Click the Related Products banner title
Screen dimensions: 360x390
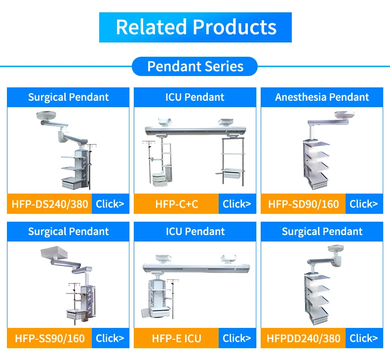pyautogui.click(x=195, y=27)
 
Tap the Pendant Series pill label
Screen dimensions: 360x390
pyautogui.click(x=195, y=66)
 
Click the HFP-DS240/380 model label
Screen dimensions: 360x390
pyautogui.click(x=49, y=203)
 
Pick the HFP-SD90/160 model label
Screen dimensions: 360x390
pyautogui.click(x=304, y=203)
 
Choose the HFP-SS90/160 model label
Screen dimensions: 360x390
pyautogui.click(x=49, y=338)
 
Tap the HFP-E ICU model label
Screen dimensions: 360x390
pyautogui.click(x=176, y=338)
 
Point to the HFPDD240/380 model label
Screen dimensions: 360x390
pyautogui.click(x=304, y=338)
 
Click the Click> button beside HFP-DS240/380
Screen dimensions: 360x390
pyautogui.click(x=110, y=203)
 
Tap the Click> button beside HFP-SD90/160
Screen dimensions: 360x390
pyautogui.click(x=364, y=203)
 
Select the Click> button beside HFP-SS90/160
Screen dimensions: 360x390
pyautogui.click(x=110, y=338)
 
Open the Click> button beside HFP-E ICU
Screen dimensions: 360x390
pyautogui.click(x=237, y=338)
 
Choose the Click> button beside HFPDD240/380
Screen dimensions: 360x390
pyautogui.click(x=364, y=338)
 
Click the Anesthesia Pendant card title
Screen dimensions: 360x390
pyautogui.click(x=322, y=97)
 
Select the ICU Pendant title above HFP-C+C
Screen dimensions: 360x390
pyautogui.click(x=195, y=97)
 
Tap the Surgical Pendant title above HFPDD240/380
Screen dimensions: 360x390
pyautogui.click(x=322, y=232)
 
